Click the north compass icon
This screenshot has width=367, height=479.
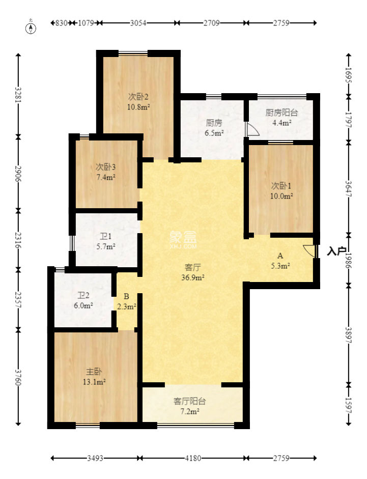(32, 27)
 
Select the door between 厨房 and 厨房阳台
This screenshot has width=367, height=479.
(251, 129)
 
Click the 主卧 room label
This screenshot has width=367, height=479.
(94, 372)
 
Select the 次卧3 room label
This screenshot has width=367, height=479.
(106, 167)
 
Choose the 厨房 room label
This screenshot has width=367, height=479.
(214, 123)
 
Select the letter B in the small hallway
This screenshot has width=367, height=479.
(126, 296)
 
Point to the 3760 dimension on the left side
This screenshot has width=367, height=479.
(19, 377)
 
